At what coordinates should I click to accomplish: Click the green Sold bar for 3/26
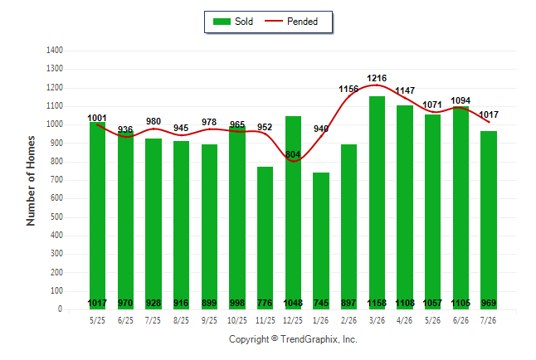tap(377, 202)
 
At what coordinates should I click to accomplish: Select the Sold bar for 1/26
tap(320, 241)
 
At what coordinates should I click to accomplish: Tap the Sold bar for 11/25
tap(265, 238)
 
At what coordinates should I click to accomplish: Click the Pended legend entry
tap(291, 22)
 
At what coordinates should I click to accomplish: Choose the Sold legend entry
tap(233, 22)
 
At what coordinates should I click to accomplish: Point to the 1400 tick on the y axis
tap(55, 51)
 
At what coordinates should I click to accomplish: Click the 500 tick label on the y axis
tap(55, 216)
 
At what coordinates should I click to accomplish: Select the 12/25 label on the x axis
tap(293, 320)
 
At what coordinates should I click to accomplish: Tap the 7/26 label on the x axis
tap(488, 320)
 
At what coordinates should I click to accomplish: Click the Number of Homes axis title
tap(31, 181)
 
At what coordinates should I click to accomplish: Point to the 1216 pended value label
tap(377, 78)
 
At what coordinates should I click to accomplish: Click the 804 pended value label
tap(293, 154)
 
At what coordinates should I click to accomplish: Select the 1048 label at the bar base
tap(293, 303)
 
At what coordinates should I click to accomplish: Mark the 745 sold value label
tap(321, 303)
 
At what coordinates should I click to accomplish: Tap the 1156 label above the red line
tap(348, 90)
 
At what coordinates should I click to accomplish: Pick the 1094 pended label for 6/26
tap(460, 100)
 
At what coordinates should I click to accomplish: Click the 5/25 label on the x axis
tap(97, 320)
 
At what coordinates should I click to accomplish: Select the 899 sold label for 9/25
tap(209, 303)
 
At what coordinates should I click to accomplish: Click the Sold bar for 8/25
tap(181, 226)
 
